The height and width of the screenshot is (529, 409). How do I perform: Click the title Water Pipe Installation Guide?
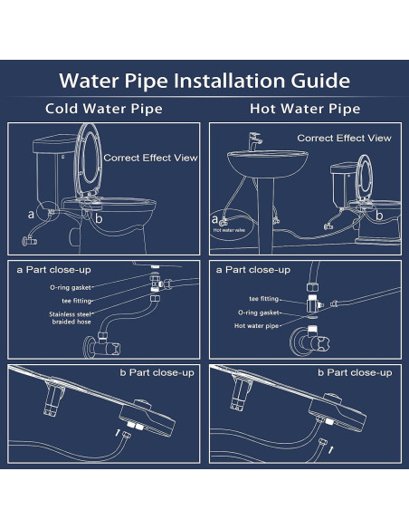pos(204,81)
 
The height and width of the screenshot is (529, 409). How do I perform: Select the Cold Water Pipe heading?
pos(103,110)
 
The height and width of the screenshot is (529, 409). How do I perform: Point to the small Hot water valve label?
pos(228,231)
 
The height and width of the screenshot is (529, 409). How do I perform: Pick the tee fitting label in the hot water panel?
pos(263,296)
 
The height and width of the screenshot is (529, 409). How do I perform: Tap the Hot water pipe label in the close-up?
pos(257,325)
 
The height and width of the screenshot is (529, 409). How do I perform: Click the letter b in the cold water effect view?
pos(100,218)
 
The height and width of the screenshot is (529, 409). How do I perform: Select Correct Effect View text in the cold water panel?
pos(150,157)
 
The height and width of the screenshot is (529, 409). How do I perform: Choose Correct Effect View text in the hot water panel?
pos(345,138)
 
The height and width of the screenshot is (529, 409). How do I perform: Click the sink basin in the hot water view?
pos(259,168)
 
